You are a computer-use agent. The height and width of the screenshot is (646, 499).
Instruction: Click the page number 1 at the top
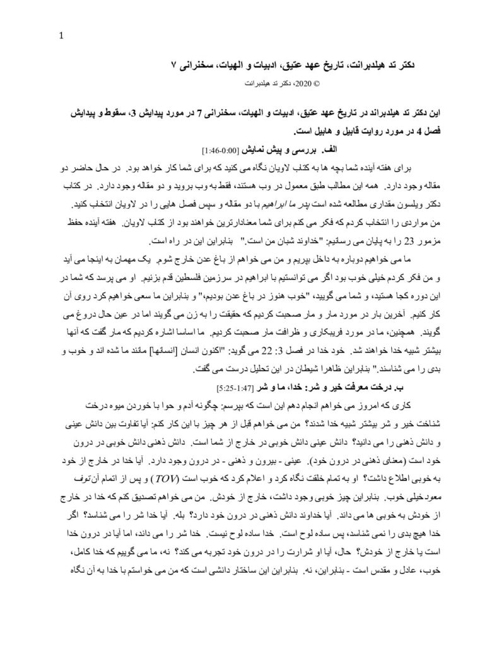pos(61,35)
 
